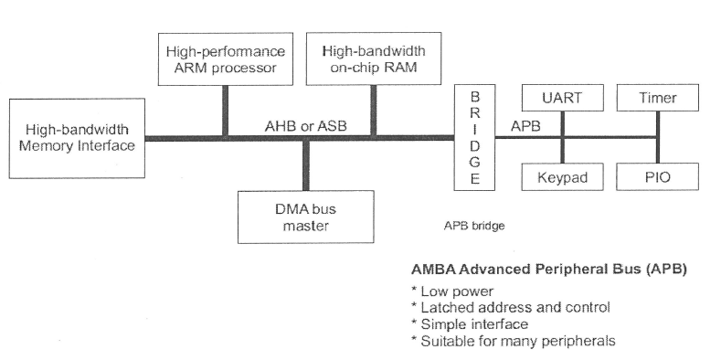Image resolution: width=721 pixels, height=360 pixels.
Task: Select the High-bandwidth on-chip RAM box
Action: [x=373, y=58]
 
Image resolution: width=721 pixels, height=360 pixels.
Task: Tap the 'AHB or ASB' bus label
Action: [x=298, y=125]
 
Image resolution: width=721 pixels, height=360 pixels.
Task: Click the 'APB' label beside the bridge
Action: [x=525, y=125]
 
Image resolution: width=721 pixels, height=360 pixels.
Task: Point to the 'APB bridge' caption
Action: [x=474, y=224]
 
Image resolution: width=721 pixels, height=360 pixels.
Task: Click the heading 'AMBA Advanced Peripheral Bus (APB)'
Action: [x=549, y=270]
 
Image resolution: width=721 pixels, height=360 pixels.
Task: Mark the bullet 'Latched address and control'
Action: [x=511, y=308]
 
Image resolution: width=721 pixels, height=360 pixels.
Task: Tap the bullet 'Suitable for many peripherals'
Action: [x=513, y=341]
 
